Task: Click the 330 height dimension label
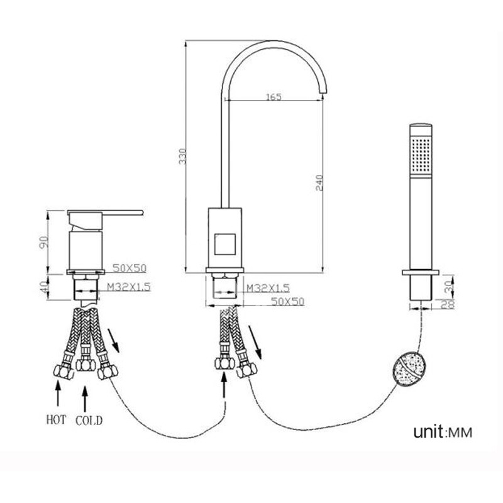[x=182, y=156]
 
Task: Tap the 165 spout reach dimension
[x=274, y=97]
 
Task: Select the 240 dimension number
[x=319, y=183]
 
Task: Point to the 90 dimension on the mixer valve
[x=44, y=242]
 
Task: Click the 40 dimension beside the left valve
[x=44, y=286]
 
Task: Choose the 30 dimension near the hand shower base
[x=451, y=285]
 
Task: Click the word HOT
[x=56, y=420]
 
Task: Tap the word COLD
[x=89, y=421]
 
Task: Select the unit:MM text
[x=443, y=432]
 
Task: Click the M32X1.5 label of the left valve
[x=129, y=287]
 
